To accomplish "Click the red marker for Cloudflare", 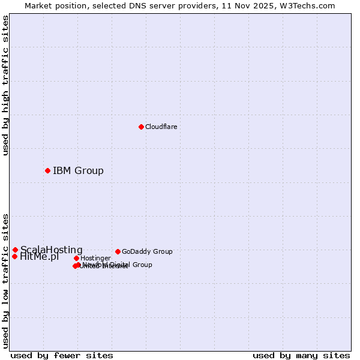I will click(x=141, y=127).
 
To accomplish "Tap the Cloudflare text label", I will click(x=161, y=127).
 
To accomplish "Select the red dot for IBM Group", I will click(x=47, y=170).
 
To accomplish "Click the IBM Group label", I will click(x=78, y=171).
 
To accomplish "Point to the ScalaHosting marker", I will click(x=15, y=250).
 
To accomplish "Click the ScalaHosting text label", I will click(x=52, y=250).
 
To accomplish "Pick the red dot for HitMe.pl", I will click(x=14, y=256).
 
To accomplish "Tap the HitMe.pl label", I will click(x=40, y=257).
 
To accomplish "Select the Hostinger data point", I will click(x=76, y=258).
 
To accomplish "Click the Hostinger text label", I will click(x=95, y=259).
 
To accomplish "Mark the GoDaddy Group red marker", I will click(x=118, y=251).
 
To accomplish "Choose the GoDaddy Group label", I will click(x=147, y=252).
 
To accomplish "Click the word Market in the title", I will click(x=38, y=5).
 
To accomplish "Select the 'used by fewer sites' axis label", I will click(x=62, y=355).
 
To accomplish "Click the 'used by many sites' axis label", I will click(x=301, y=355).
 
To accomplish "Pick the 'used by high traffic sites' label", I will click(x=5, y=85).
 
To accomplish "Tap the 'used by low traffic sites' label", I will click(x=5, y=280).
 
